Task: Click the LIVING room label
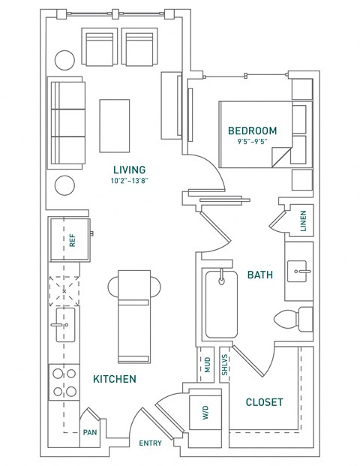(x=130, y=170)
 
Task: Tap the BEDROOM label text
(x=253, y=131)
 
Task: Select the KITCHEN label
(x=115, y=379)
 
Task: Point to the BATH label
(x=260, y=275)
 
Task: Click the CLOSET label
(x=264, y=402)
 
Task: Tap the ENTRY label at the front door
(x=151, y=443)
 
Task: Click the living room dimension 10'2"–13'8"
(x=130, y=181)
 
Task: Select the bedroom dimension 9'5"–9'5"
(x=253, y=142)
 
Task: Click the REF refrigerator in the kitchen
(x=70, y=240)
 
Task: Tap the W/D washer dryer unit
(x=205, y=413)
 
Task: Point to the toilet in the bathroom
(x=293, y=319)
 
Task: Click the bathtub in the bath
(x=221, y=304)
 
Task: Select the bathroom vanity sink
(x=297, y=271)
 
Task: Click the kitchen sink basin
(x=65, y=325)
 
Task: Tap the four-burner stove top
(x=64, y=382)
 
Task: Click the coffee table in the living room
(x=115, y=126)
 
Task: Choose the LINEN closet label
(x=303, y=221)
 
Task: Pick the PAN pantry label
(x=90, y=432)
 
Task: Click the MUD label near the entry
(x=207, y=365)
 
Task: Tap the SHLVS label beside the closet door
(x=225, y=365)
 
